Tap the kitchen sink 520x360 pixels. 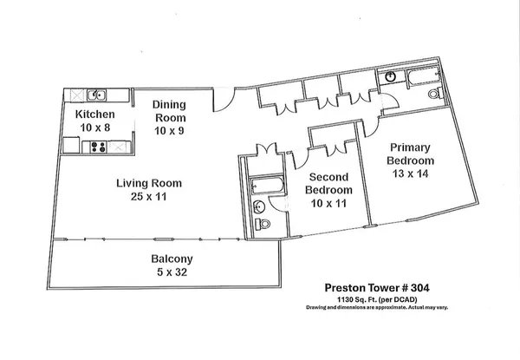(x=99, y=95)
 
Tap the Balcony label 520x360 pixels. (x=172, y=259)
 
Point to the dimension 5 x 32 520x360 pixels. (x=172, y=272)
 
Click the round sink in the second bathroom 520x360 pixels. (x=259, y=206)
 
